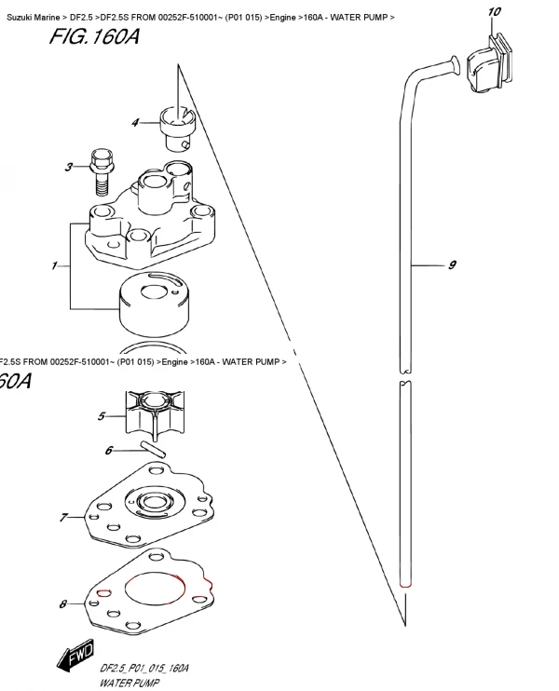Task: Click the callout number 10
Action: point(494,11)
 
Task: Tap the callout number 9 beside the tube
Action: point(452,264)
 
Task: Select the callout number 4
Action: point(135,123)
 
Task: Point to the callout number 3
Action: point(69,167)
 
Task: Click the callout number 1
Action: point(54,265)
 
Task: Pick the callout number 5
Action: point(102,416)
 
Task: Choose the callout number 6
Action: point(109,451)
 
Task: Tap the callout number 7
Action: point(64,517)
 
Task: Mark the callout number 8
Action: point(63,603)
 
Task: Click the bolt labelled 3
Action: point(102,171)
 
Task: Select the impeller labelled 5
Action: point(155,414)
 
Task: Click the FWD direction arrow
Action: point(75,655)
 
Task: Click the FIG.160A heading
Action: point(94,37)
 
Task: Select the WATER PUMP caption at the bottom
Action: point(130,683)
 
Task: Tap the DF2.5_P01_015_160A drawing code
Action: point(144,668)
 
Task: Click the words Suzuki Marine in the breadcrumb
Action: point(33,18)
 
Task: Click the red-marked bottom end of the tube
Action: point(405,585)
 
